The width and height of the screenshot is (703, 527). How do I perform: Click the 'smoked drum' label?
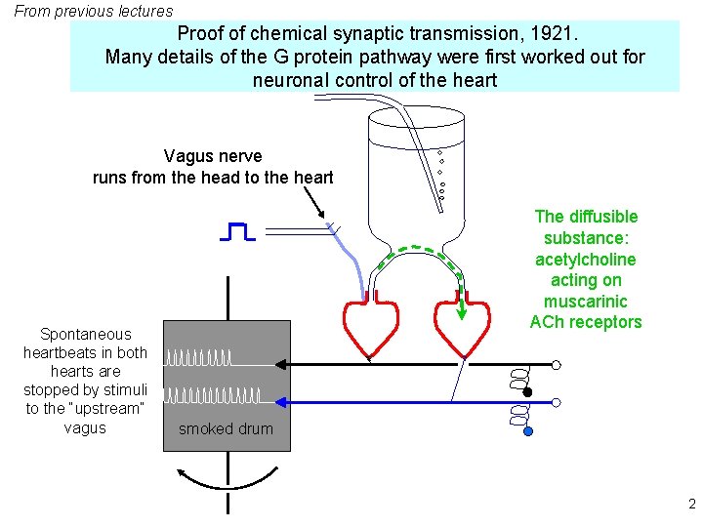click(226, 429)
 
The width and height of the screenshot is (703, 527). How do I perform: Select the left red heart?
click(372, 327)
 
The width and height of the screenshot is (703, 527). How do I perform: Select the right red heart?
click(461, 327)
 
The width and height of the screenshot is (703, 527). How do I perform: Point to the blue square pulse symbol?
click(238, 231)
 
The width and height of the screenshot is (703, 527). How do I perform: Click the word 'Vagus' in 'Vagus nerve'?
click(186, 156)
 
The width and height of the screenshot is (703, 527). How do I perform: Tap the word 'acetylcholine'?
click(585, 260)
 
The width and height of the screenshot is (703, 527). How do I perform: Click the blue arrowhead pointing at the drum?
click(281, 401)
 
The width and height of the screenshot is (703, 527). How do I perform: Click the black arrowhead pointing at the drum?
click(281, 363)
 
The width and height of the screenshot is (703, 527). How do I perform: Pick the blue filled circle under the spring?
click(528, 430)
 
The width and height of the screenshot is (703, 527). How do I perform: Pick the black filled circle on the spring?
click(528, 392)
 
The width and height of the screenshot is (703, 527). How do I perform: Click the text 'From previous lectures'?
click(94, 12)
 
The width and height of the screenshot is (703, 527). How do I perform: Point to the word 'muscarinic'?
click(585, 302)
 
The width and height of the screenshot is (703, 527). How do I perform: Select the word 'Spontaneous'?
click(85, 335)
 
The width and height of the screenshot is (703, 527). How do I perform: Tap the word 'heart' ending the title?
click(474, 80)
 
